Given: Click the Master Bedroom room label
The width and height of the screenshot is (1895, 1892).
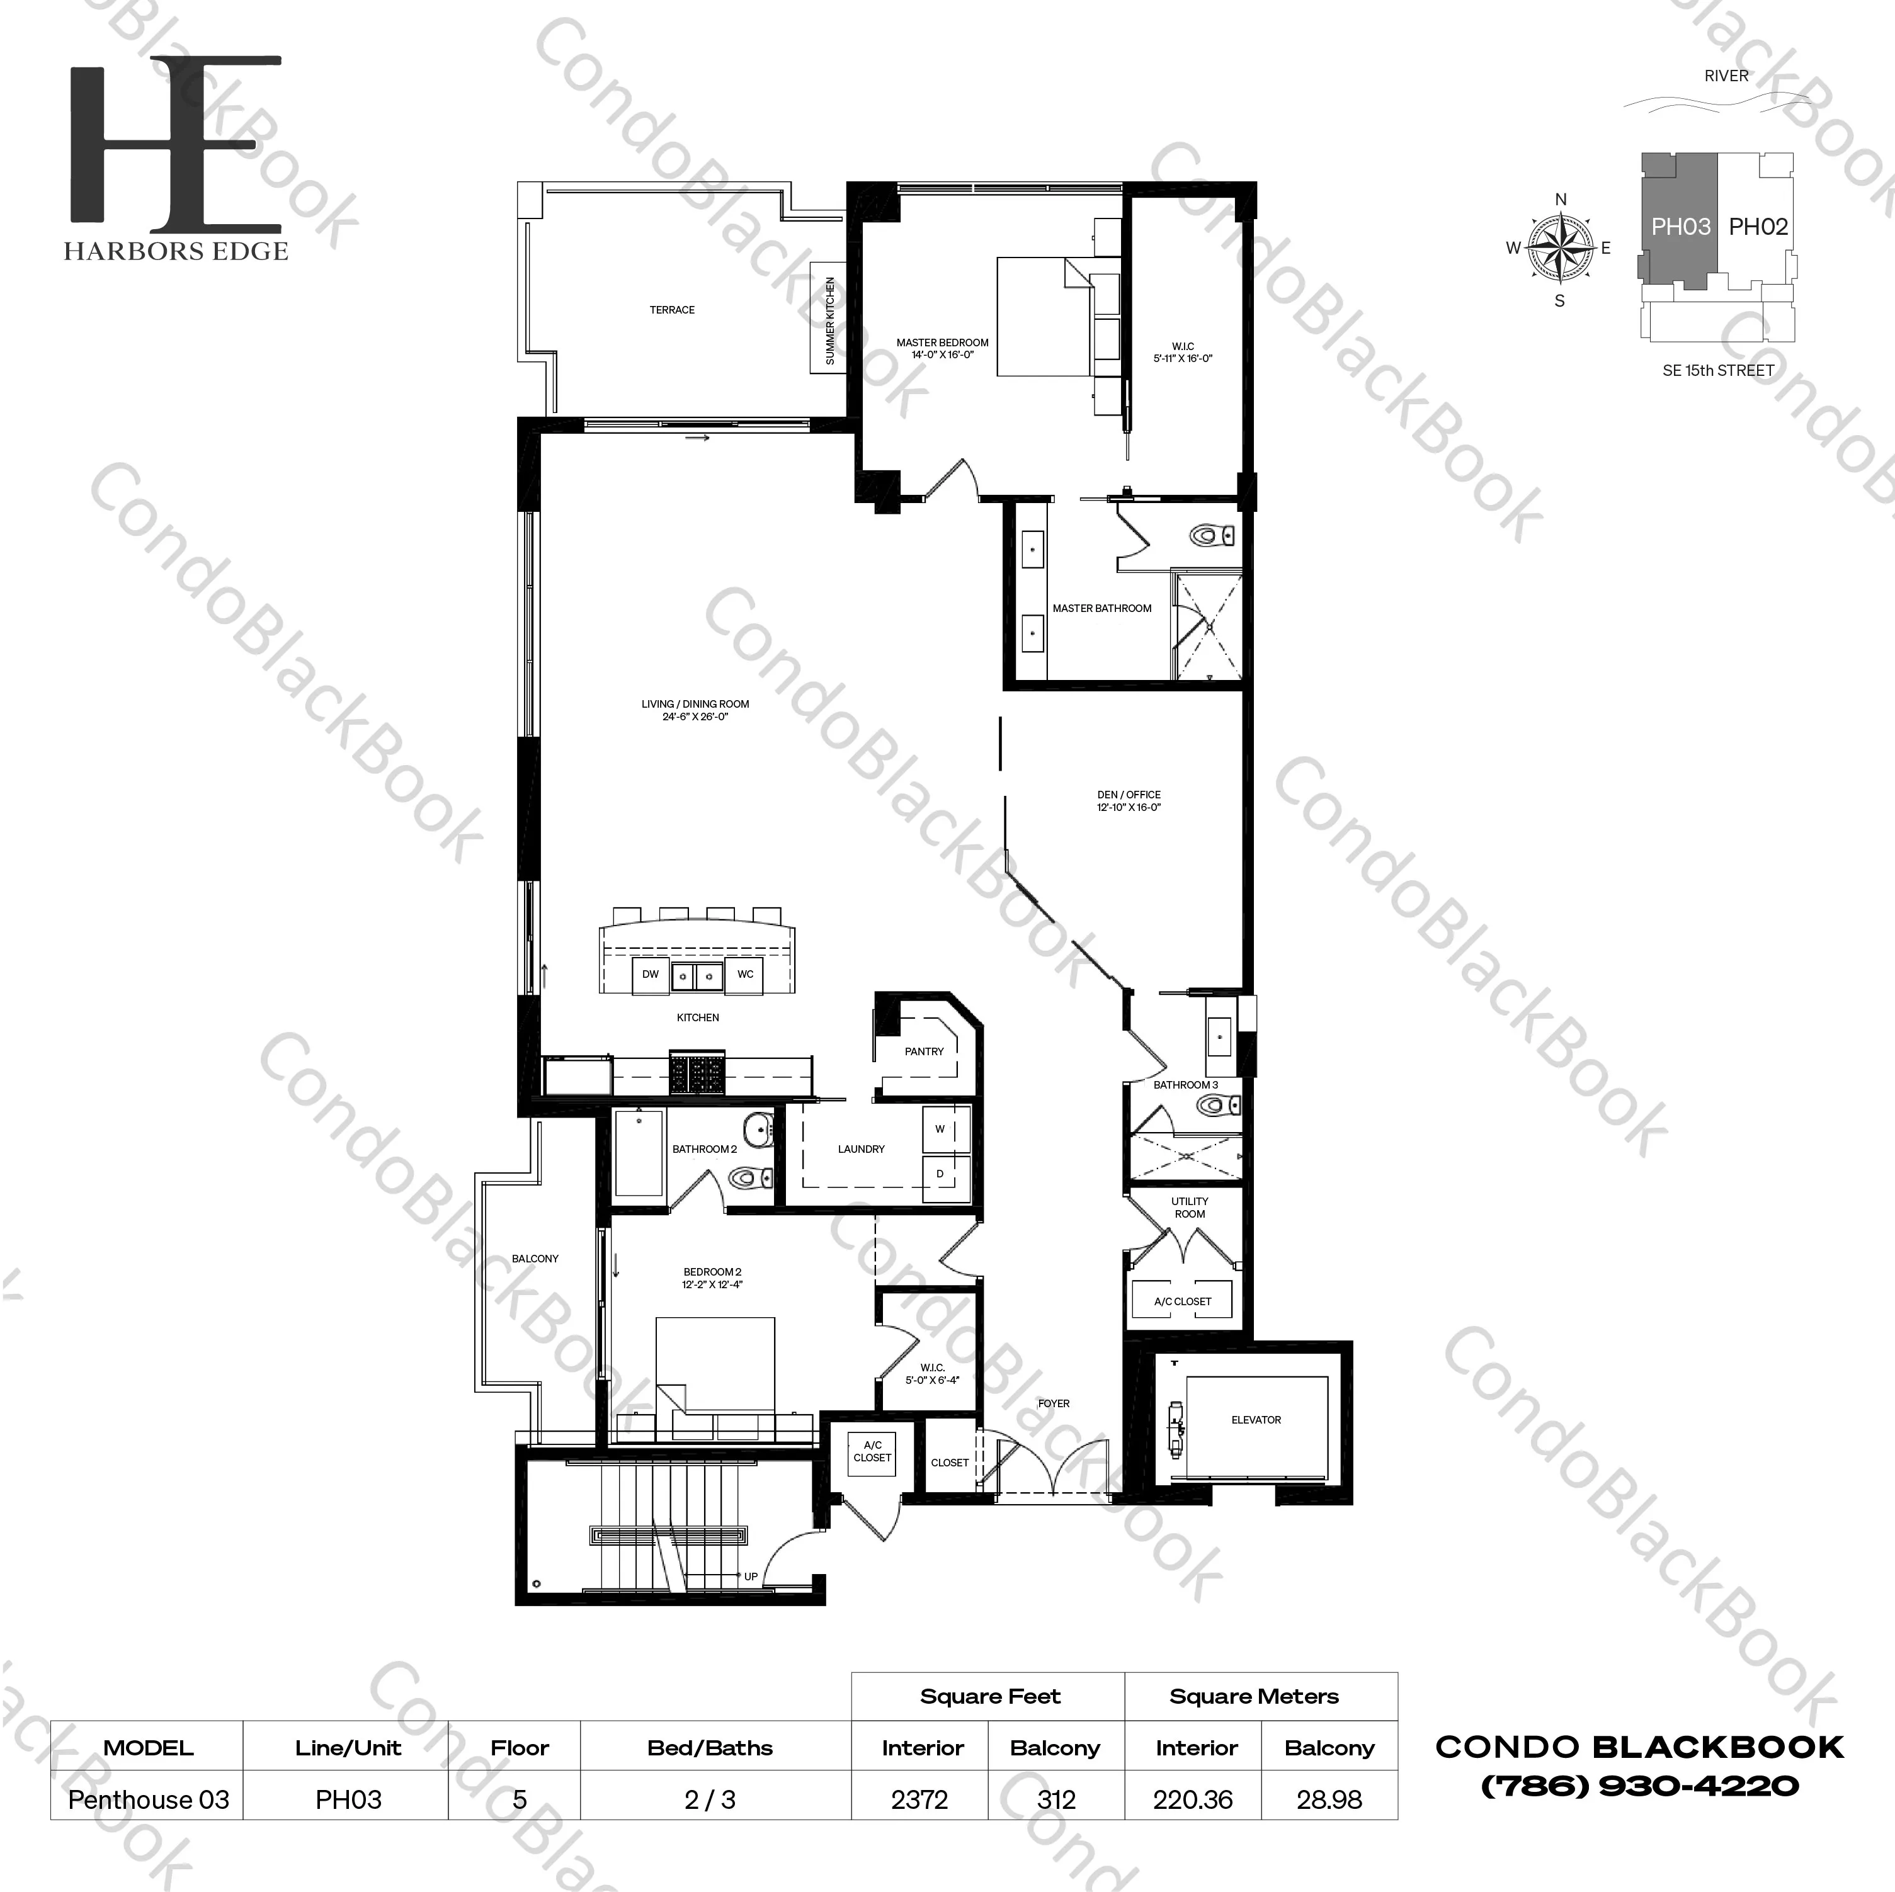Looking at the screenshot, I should pos(942,348).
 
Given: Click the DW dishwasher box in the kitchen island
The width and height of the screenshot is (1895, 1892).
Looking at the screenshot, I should pos(651,974).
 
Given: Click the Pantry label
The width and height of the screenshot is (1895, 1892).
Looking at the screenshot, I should pos(924,1051).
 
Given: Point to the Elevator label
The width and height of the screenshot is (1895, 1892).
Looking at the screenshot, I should pos(1256,1419).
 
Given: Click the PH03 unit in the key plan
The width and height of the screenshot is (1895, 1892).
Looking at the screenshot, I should pos(1680,227).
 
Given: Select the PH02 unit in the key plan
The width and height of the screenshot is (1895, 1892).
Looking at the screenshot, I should pos(1758,227).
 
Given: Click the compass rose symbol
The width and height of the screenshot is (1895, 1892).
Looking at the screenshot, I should pos(1561,247).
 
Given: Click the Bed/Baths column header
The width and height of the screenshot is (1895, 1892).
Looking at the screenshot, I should pos(710,1748).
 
